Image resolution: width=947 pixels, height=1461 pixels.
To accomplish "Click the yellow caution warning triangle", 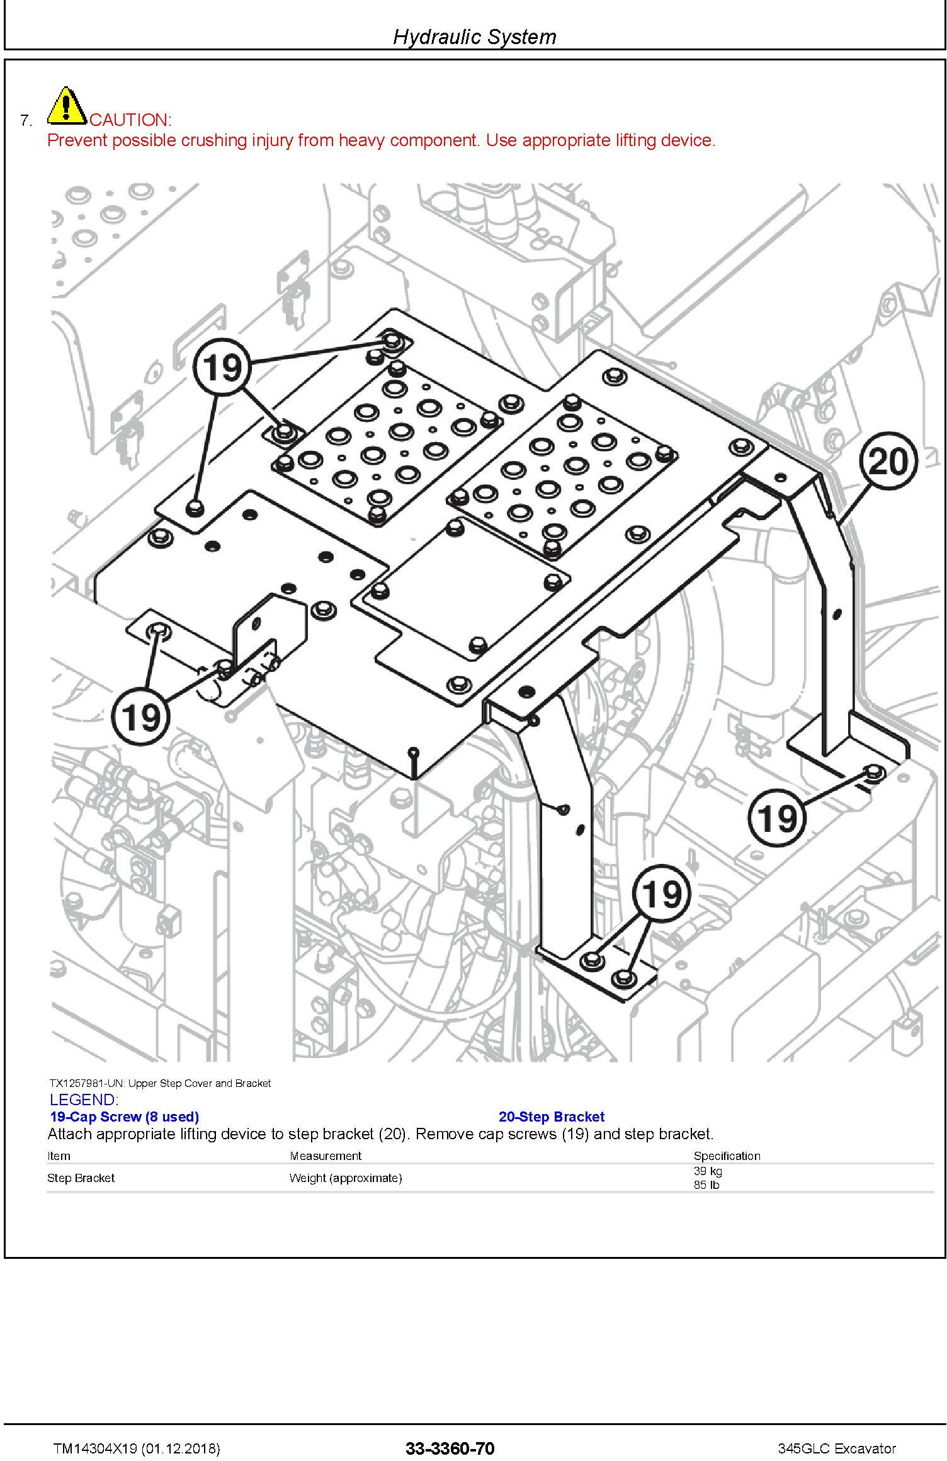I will click(x=67, y=106).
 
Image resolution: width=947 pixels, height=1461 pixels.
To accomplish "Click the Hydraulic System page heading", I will click(x=474, y=37).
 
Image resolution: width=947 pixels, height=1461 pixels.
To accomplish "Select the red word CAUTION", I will click(x=130, y=120).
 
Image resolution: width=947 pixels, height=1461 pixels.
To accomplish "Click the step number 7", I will click(x=26, y=120).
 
